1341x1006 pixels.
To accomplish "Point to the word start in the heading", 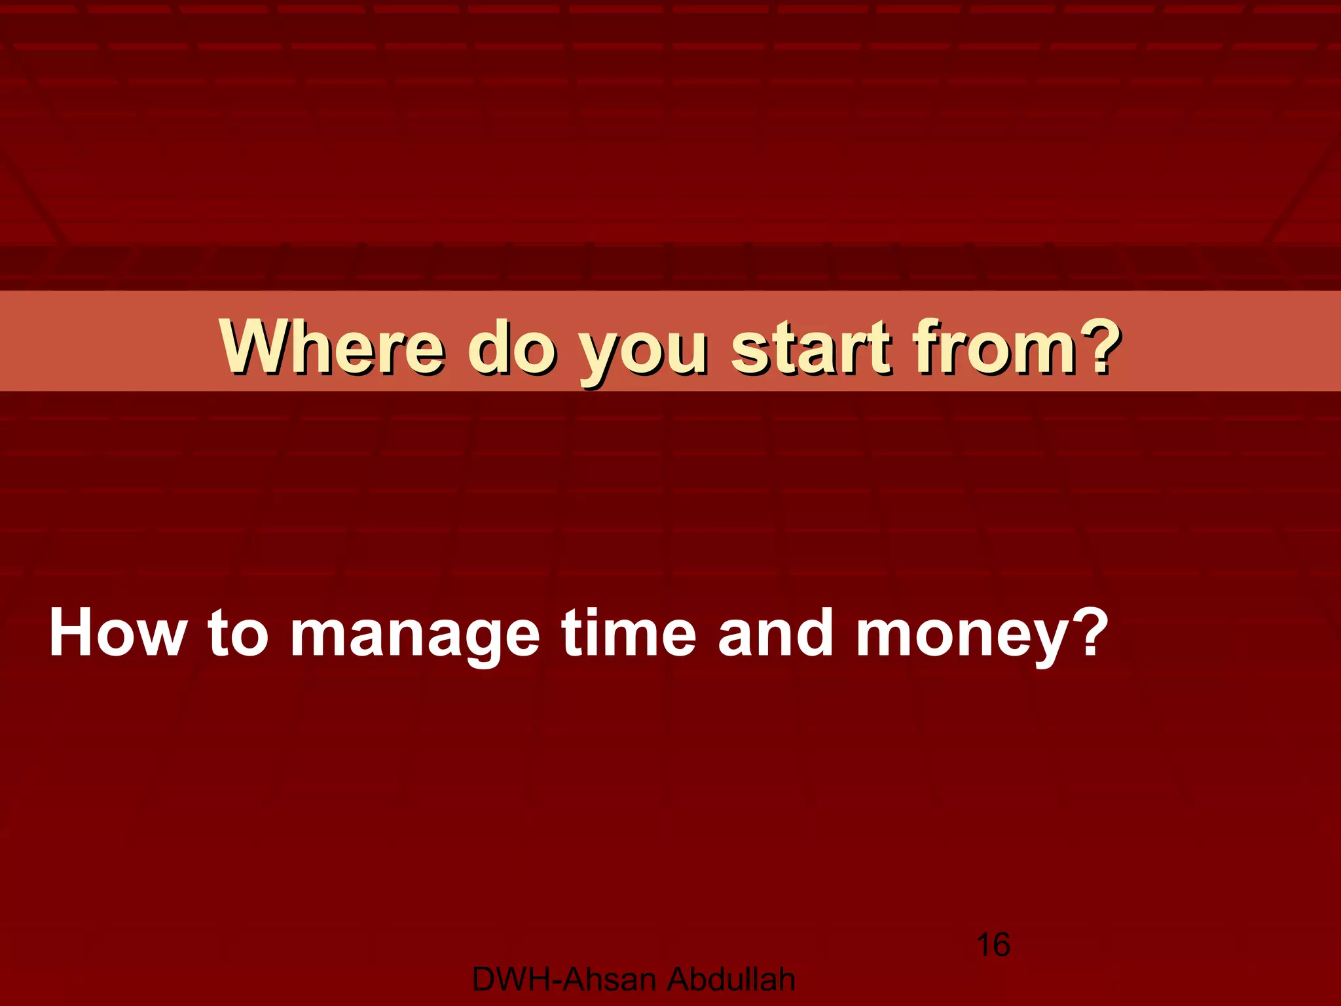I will click(x=811, y=346).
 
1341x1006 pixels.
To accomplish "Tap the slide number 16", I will click(x=993, y=945).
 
